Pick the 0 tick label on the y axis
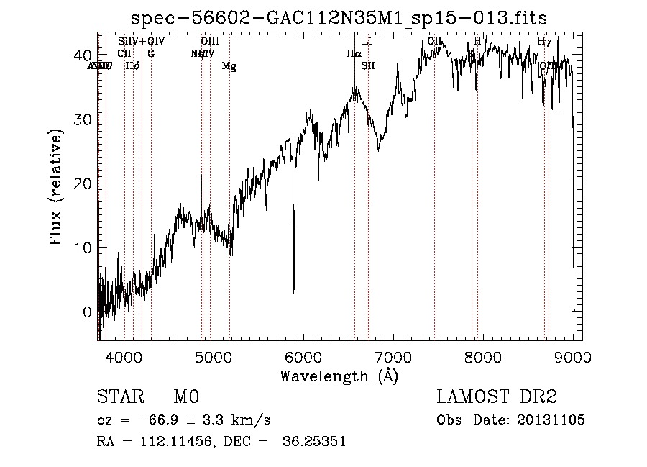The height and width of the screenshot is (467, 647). click(87, 312)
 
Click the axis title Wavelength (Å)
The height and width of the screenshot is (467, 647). click(339, 376)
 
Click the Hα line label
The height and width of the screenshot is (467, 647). click(353, 53)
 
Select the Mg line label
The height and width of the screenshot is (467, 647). click(229, 66)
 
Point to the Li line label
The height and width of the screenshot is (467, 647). click(367, 42)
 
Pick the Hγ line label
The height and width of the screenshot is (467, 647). click(544, 42)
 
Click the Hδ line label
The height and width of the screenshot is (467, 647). click(132, 66)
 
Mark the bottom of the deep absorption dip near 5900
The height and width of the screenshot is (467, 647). click(293, 291)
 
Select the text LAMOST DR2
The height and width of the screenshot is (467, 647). click(497, 398)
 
